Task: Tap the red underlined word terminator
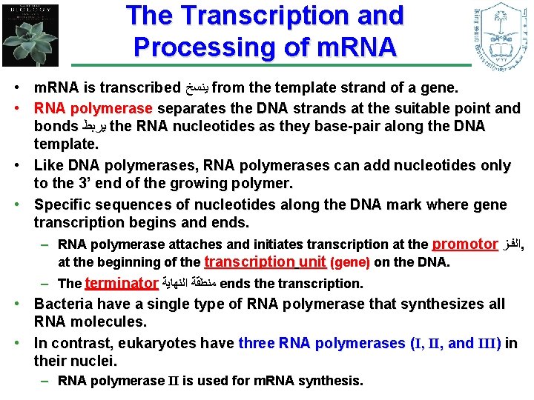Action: point(122,283)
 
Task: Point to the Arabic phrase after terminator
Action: point(189,284)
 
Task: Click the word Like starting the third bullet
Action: point(50,165)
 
